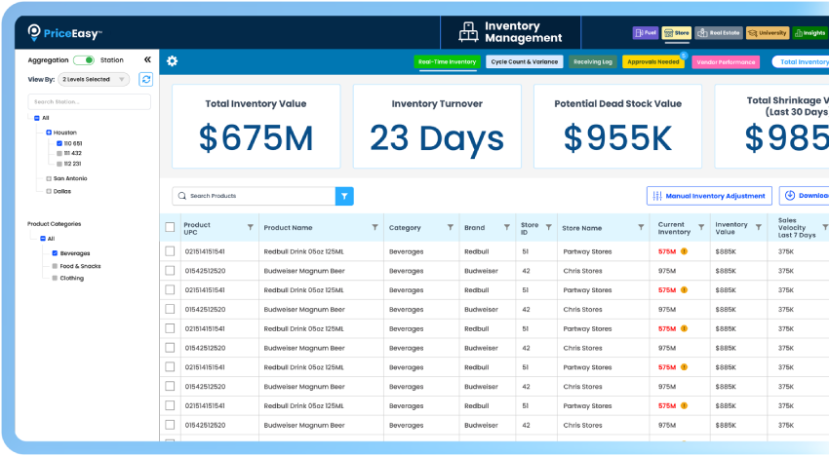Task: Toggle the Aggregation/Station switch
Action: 84,60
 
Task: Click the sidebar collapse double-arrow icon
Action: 147,60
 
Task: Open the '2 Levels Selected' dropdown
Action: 94,80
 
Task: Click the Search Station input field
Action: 90,101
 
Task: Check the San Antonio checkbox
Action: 49,178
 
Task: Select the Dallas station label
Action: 62,191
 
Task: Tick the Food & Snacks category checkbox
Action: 55,266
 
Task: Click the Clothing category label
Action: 72,278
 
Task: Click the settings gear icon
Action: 173,61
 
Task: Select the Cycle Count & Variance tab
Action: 524,61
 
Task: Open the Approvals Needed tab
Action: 652,61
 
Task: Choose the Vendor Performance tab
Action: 726,61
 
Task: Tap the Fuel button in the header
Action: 646,32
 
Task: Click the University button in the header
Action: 768,32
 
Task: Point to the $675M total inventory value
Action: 257,139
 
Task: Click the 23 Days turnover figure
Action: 437,139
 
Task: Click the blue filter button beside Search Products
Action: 344,196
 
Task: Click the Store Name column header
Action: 582,228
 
